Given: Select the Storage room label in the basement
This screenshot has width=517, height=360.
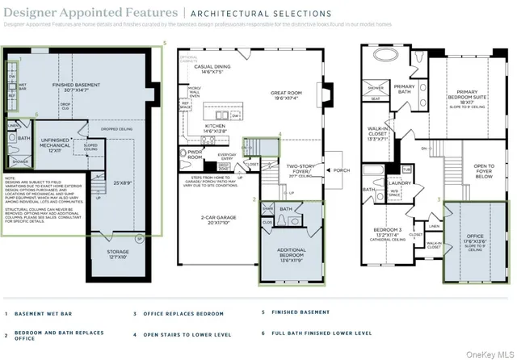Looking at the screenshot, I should coord(117,255).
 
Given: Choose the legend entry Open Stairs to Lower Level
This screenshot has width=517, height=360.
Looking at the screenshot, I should coord(181,333).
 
